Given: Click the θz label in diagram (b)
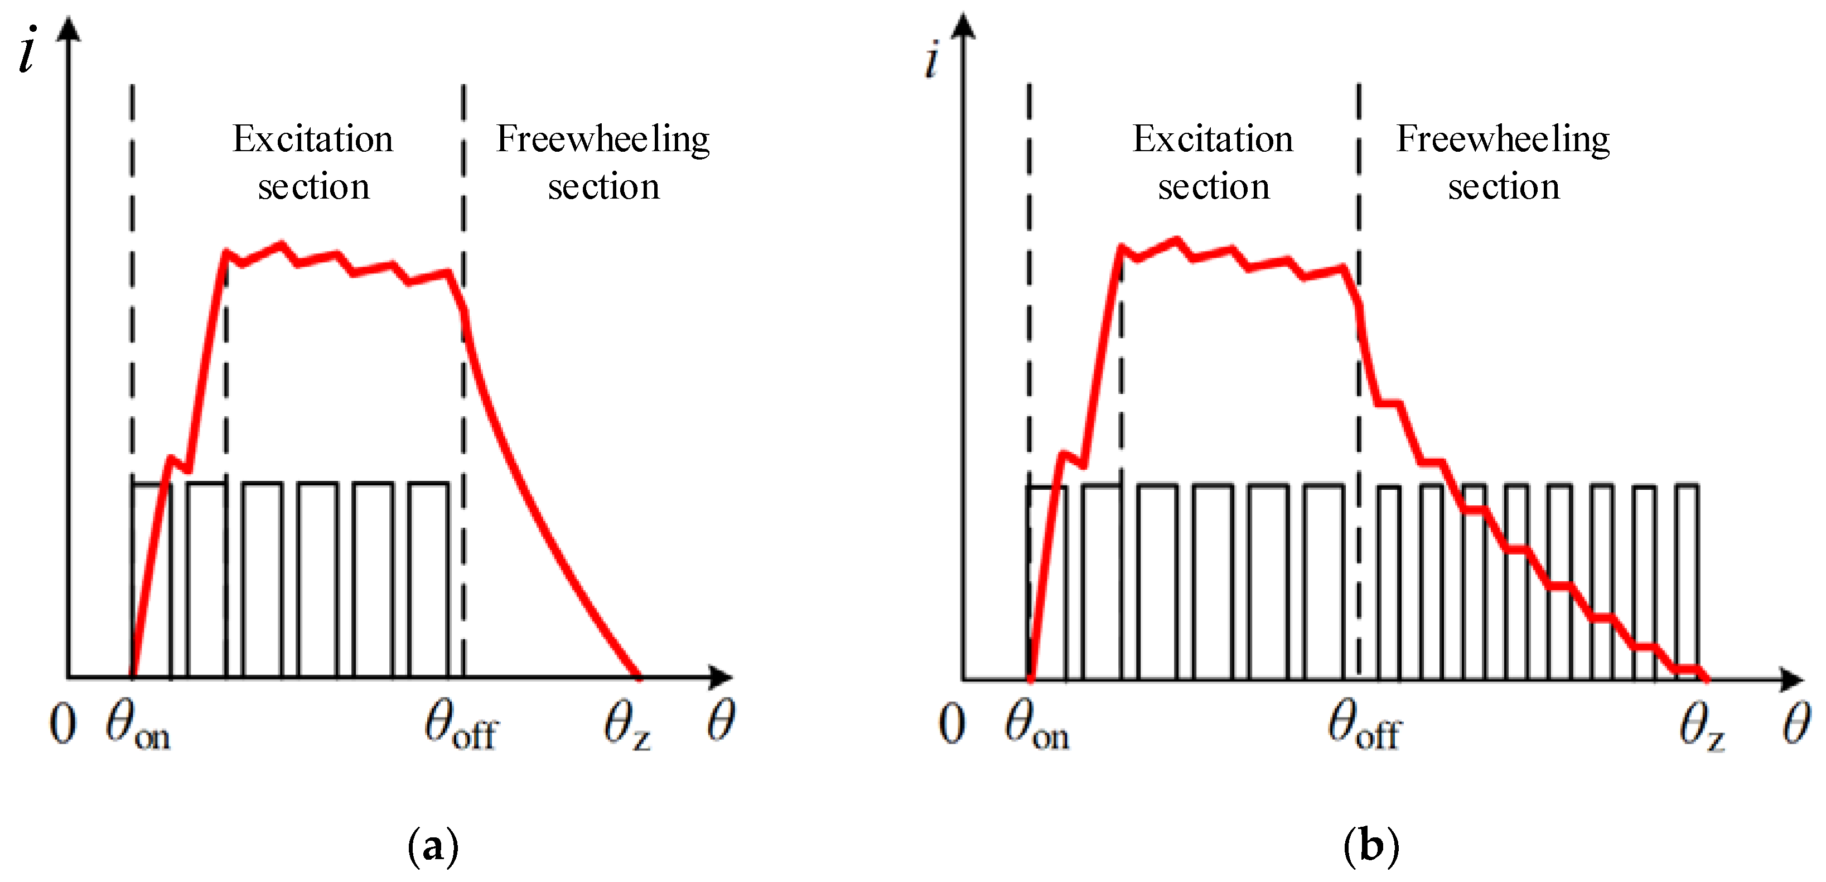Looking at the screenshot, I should pyautogui.click(x=1701, y=727).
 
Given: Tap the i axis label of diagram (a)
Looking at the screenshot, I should pyautogui.click(x=27, y=50).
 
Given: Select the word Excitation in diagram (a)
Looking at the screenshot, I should pyautogui.click(x=312, y=139).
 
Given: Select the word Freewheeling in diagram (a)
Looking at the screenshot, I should pyautogui.click(x=602, y=139).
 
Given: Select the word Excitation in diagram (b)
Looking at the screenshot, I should pyautogui.click(x=1212, y=139).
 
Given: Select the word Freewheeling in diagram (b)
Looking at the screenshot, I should pyautogui.click(x=1502, y=139).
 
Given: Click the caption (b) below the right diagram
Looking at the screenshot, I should pyautogui.click(x=1371, y=845).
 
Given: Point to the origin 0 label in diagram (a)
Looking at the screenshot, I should pyautogui.click(x=62, y=725).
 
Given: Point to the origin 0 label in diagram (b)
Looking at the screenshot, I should pyautogui.click(x=951, y=725).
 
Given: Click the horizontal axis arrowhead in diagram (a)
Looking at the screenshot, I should pyautogui.click(x=722, y=677).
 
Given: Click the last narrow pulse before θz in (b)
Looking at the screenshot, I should pyautogui.click(x=1687, y=581).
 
